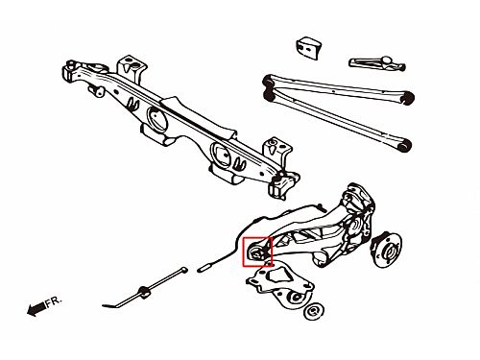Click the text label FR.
[53, 301]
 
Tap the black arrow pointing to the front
[36, 309]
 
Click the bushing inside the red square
[256, 253]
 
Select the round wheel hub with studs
[387, 251]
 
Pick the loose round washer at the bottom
[314, 311]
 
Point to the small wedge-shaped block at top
[308, 49]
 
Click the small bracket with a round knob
[377, 63]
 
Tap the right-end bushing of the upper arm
[408, 97]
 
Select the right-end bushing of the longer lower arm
[404, 146]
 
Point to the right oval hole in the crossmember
[221, 156]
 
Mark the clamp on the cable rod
[143, 291]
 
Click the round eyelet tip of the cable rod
[183, 270]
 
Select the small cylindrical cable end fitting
[205, 268]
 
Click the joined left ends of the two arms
[269, 88]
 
